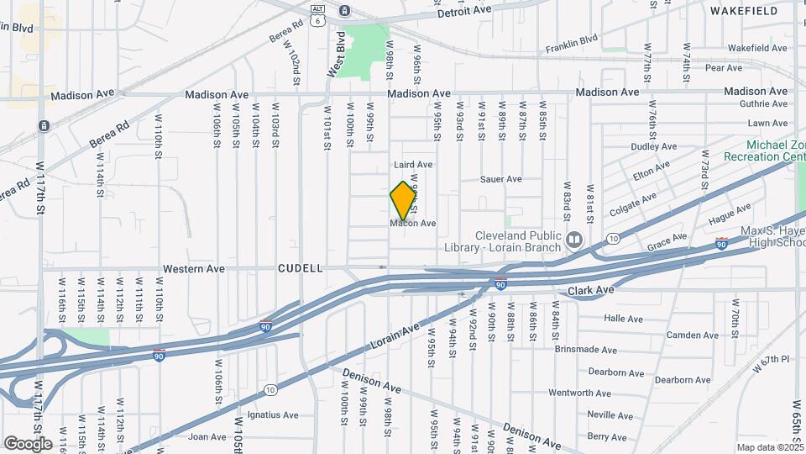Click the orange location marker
pos(403,201)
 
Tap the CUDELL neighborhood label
pos(301,268)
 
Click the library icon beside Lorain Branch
pos(574,240)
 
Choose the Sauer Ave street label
pos(501,179)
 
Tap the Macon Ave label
pos(413,224)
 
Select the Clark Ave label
pos(591,290)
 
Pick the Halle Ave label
pos(623,319)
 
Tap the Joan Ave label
pos(207,436)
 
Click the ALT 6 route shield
pos(317,16)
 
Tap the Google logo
pos(28,443)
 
